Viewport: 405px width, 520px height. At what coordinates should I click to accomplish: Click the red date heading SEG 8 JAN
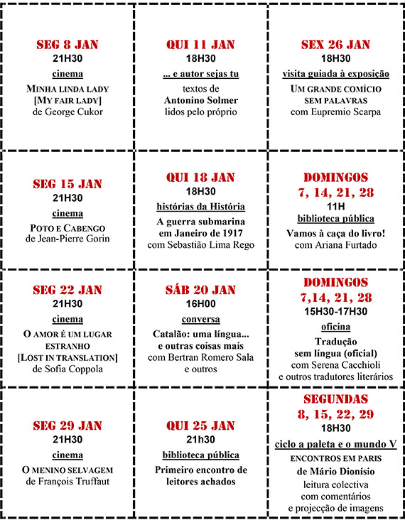(x=67, y=45)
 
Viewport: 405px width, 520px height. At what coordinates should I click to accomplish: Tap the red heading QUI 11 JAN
(x=200, y=45)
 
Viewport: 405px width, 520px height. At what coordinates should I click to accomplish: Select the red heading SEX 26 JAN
(x=335, y=45)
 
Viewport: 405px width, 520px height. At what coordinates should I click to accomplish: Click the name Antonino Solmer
(x=200, y=100)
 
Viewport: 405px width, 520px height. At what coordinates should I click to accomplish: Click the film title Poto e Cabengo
(x=67, y=227)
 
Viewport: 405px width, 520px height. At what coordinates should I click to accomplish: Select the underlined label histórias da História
(x=200, y=206)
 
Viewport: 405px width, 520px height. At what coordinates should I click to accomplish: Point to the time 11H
(x=335, y=205)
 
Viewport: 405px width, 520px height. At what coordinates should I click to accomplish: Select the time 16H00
(x=200, y=304)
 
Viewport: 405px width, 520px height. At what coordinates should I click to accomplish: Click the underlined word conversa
(x=200, y=319)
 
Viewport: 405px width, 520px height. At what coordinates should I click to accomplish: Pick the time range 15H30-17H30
(x=335, y=311)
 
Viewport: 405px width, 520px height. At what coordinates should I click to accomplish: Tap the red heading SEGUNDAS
(x=335, y=399)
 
